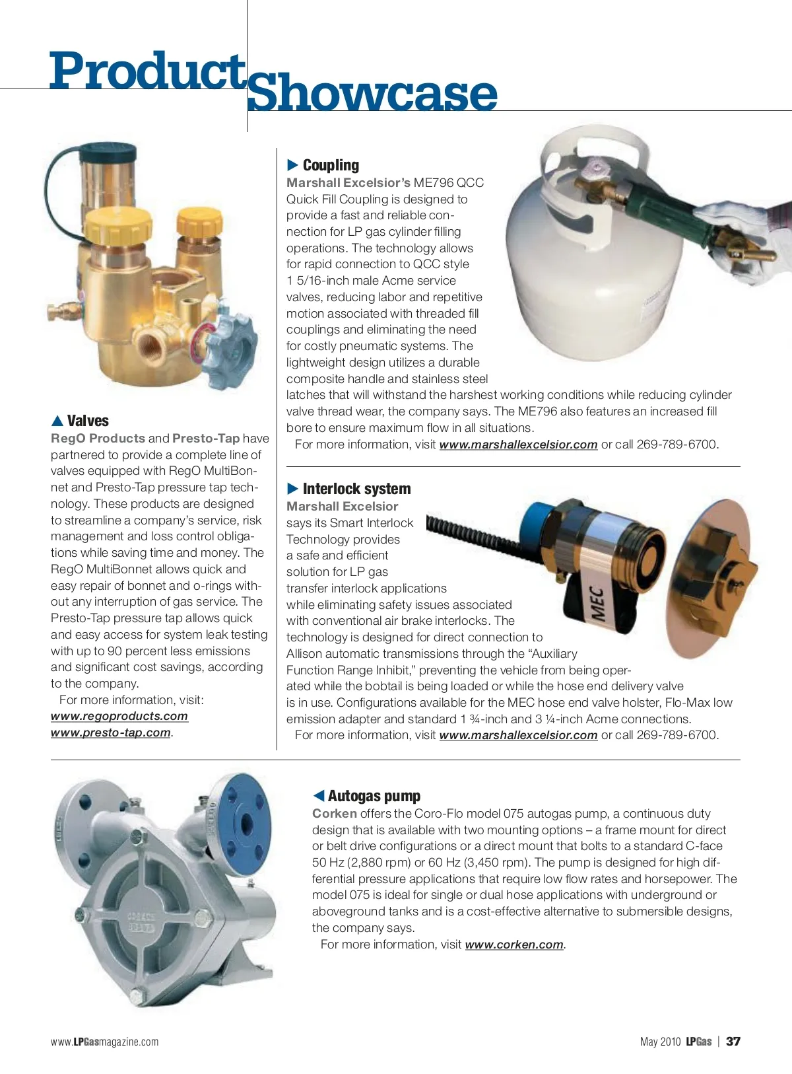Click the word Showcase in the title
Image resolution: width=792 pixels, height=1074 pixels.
[372, 94]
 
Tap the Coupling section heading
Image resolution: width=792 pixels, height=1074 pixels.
[331, 165]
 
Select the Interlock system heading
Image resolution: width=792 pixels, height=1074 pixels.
[356, 489]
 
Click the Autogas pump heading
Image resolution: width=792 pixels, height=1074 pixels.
[374, 796]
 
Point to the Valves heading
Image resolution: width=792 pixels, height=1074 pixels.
[88, 421]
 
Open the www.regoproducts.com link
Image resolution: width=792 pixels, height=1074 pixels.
[119, 716]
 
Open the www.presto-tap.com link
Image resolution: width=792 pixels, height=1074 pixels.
[111, 733]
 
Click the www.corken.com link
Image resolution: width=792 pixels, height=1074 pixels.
[514, 945]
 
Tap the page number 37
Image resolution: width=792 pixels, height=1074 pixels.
[733, 1042]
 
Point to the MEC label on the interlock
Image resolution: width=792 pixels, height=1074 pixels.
[598, 603]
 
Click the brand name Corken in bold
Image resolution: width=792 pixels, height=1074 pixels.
[334, 814]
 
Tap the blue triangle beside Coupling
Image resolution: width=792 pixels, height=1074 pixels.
[293, 165]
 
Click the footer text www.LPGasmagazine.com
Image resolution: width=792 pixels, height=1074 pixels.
[104, 1042]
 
